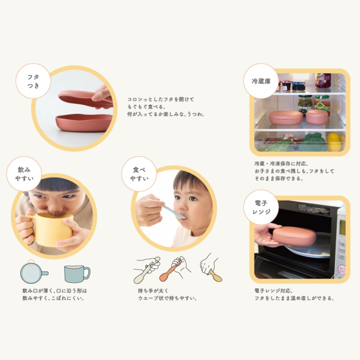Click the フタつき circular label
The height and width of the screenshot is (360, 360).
pyautogui.click(x=33, y=81)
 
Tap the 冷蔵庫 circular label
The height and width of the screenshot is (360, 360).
pyautogui.click(x=261, y=81)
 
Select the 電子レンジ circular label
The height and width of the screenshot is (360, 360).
pyautogui.click(x=261, y=207)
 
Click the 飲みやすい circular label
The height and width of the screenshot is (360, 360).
pyautogui.click(x=24, y=174)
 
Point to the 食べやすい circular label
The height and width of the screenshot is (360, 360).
pyautogui.click(x=139, y=174)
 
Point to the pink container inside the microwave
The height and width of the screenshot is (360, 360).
pyautogui.click(x=294, y=236)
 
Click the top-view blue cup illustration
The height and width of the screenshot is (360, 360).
pyautogui.click(x=34, y=273)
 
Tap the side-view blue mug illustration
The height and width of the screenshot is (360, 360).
pyautogui.click(x=77, y=274)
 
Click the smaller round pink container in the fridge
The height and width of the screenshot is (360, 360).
pyautogui.click(x=317, y=117)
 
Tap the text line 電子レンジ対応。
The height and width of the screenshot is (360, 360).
pyautogui.click(x=274, y=291)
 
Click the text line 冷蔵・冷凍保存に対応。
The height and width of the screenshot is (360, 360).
pyautogui.click(x=281, y=164)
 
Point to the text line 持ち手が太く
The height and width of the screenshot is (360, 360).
pyautogui.click(x=153, y=291)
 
